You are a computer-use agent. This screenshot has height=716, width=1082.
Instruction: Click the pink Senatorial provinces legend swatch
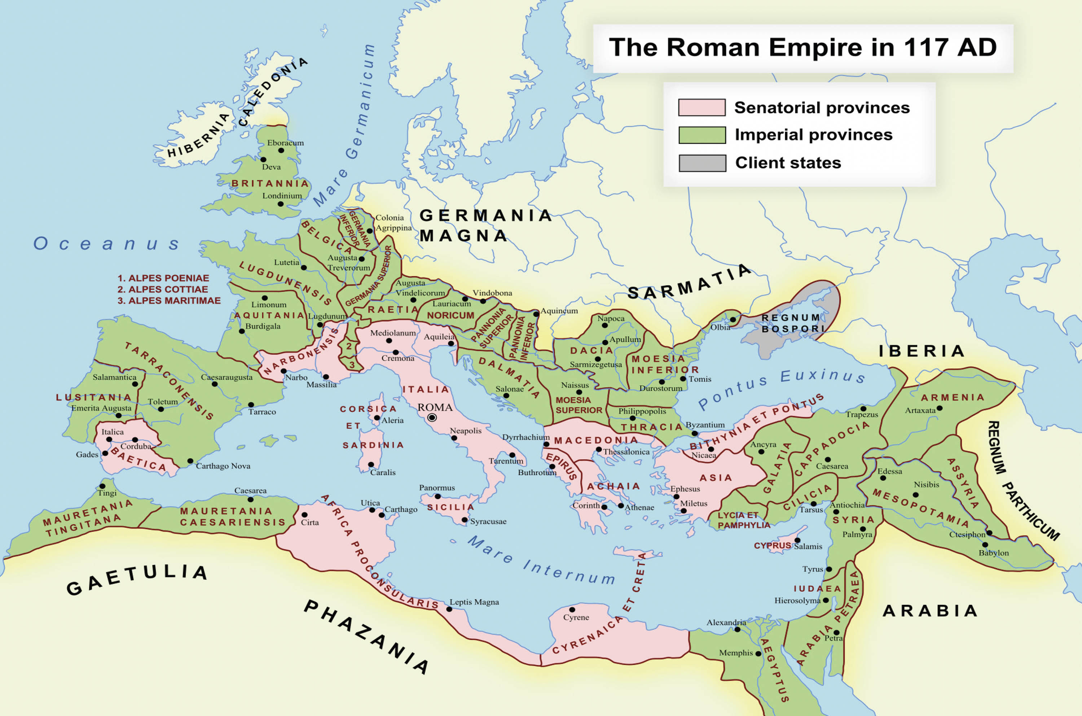(701, 107)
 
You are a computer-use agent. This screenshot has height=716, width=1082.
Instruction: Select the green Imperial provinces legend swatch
(702, 135)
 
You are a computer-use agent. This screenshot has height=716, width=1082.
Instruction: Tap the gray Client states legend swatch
(702, 163)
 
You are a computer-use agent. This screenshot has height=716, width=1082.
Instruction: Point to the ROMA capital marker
(432, 417)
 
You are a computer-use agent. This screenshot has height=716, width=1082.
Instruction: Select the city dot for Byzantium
(694, 433)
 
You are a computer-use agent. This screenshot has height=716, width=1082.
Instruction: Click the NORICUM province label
(450, 315)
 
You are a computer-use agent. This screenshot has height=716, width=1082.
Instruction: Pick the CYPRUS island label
(772, 546)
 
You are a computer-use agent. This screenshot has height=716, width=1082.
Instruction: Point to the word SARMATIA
(689, 283)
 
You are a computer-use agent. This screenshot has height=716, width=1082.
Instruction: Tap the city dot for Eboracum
(281, 150)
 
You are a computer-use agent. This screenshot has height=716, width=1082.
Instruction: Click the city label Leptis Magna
(474, 602)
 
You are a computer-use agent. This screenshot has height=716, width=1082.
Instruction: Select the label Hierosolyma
(797, 600)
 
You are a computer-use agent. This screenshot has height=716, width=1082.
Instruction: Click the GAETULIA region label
(137, 579)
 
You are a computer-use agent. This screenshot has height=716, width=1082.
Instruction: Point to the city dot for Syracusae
(464, 520)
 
